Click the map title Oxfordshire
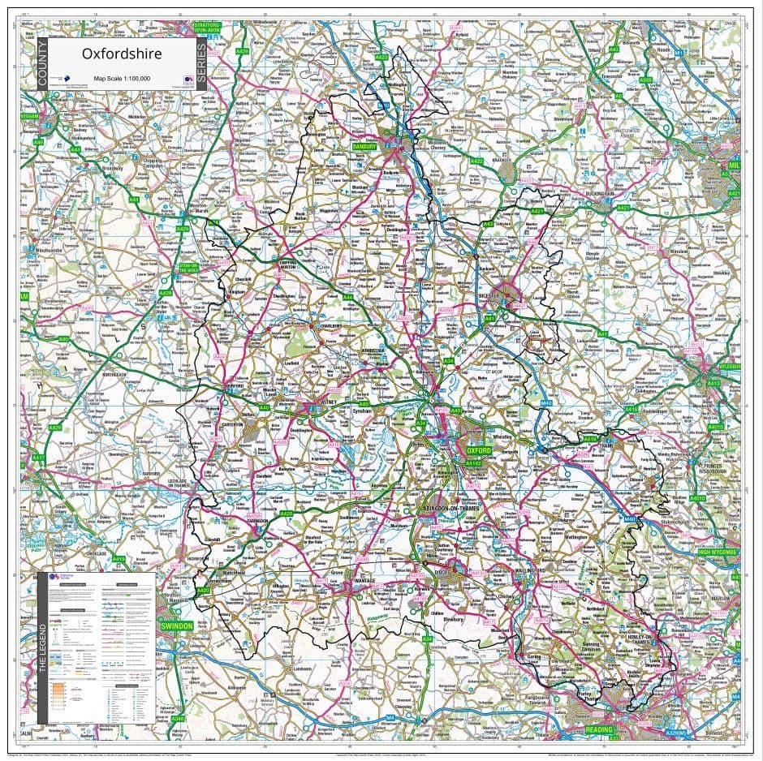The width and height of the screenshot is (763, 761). tap(121, 54)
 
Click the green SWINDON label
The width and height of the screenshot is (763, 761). tap(175, 626)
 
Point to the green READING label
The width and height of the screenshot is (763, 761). tap(599, 730)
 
